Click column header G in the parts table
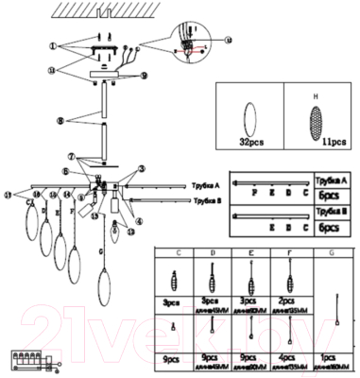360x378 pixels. click(332, 253)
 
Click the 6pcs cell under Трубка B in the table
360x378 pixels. click(330, 229)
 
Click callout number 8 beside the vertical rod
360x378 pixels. click(60, 120)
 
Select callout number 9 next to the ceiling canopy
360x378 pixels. click(144, 75)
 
